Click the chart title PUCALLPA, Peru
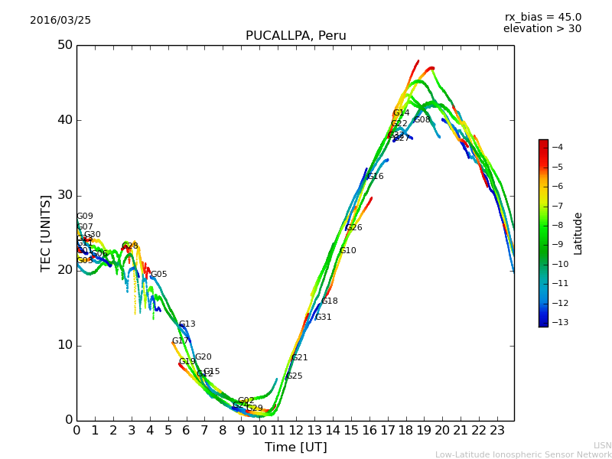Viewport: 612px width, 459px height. tap(295, 36)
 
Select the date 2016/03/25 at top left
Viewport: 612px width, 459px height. tap(60, 21)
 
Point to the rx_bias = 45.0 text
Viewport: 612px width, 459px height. tap(542, 17)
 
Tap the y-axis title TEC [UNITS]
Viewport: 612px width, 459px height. tap(46, 233)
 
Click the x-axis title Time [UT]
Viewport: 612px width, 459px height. tap(295, 448)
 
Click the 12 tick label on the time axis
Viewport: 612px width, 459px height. tap(295, 431)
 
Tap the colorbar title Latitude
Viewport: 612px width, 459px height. tap(578, 233)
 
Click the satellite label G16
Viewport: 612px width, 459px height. tap(375, 177)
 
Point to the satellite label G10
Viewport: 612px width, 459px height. tap(347, 251)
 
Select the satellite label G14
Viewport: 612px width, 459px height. tap(401, 113)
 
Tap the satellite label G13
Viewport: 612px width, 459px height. tap(187, 324)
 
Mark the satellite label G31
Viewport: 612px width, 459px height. tap(323, 317)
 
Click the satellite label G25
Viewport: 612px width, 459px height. tap(294, 376)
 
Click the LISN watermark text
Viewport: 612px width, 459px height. tap(603, 445)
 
